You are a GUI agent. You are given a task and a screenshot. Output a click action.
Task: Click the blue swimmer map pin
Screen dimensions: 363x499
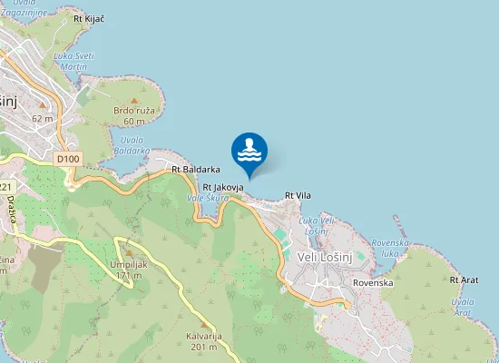point(249,151)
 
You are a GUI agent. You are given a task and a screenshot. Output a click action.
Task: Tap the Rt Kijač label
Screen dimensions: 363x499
point(89,17)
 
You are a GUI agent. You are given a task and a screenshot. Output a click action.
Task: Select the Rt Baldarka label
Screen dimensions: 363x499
point(197,170)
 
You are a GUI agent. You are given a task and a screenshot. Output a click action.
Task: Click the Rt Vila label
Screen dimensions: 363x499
point(298,195)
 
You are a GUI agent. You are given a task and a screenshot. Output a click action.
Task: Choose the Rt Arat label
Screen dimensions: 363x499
point(464,280)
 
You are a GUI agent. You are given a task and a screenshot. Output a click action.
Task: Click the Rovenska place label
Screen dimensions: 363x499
point(373,283)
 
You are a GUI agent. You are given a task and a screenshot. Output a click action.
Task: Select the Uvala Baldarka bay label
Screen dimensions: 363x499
point(134,145)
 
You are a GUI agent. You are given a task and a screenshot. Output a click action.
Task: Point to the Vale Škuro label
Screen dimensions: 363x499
point(208,197)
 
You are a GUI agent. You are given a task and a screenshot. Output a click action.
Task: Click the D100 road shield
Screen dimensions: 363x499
point(68,159)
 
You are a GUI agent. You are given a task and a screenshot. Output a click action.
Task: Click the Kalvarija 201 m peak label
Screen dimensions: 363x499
point(202,340)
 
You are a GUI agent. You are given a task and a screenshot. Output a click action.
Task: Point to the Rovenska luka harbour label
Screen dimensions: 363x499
point(391,248)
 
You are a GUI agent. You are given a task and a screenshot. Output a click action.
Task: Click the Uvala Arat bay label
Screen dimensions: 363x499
point(463,307)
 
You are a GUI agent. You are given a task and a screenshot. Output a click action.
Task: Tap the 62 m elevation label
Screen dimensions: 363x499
point(43,119)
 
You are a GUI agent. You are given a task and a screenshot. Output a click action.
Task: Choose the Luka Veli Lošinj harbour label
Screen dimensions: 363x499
point(316,226)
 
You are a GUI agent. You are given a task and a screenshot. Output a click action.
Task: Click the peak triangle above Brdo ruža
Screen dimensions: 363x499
point(133,101)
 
